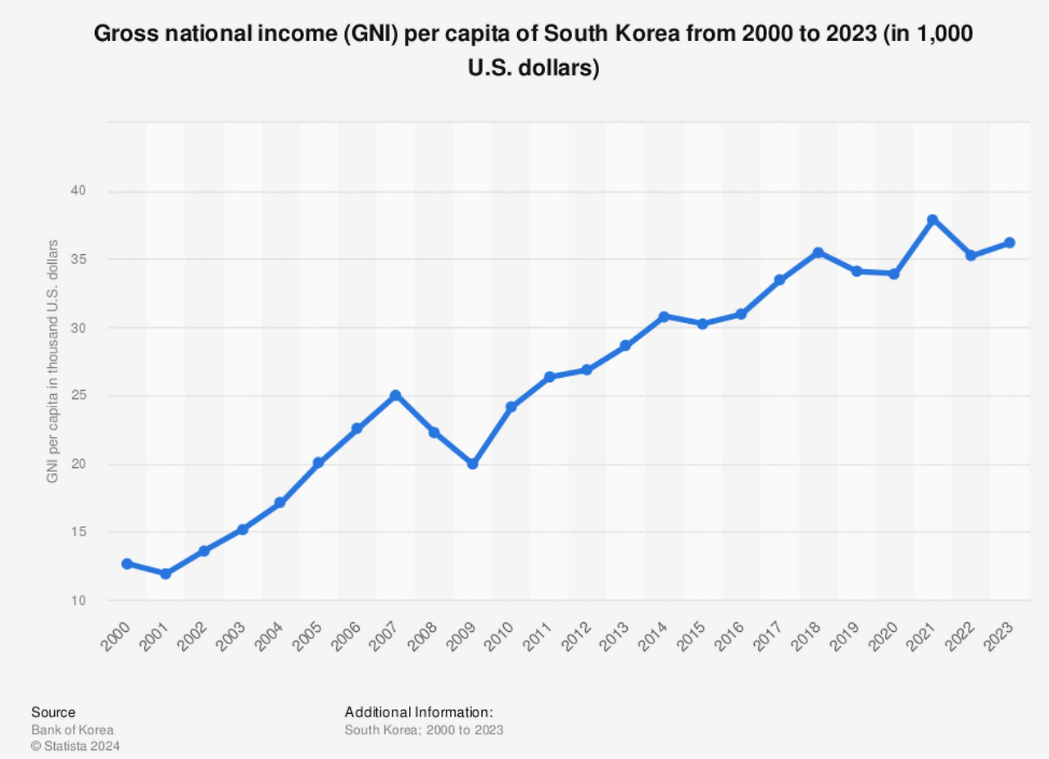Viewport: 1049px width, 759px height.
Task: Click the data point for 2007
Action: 395,395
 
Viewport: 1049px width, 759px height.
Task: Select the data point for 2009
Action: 472,464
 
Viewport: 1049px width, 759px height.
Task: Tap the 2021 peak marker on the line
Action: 932,220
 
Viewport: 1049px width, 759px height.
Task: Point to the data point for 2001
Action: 166,574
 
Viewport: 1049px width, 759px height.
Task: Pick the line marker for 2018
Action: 817,252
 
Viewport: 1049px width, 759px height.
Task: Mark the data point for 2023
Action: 1009,243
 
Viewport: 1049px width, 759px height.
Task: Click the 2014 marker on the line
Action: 664,316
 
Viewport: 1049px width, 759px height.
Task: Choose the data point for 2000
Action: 127,564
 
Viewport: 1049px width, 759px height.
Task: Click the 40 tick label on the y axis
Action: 77,191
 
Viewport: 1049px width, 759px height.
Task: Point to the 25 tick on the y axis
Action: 77,396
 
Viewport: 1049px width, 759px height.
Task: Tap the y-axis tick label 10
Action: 77,601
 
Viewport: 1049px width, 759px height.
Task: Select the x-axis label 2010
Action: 499,635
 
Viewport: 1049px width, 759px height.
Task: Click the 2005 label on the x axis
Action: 307,635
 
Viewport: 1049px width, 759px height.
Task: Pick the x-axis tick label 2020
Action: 883,635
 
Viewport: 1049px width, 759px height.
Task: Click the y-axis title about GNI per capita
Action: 52,361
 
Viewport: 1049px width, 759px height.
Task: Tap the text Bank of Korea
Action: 72,729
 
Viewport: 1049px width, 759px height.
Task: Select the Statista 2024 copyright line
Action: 75,746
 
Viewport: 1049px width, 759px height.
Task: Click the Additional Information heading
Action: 418,711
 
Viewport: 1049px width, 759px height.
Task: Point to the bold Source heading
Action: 52,712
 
